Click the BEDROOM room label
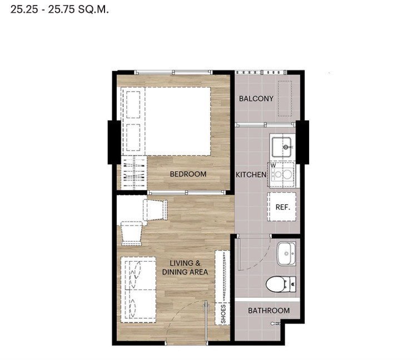point(188,174)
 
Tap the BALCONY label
point(256,99)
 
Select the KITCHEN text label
point(251,175)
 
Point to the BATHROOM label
point(268,311)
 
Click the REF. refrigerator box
point(282,207)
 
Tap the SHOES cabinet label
point(223,314)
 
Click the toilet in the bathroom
point(281,284)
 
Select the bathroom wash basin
point(286,253)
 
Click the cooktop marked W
point(282,175)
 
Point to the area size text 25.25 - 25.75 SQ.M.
point(59,9)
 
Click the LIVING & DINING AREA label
point(185,268)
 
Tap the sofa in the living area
point(138,289)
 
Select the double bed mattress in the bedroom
point(178,121)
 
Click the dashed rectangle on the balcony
point(285,98)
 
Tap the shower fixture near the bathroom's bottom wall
point(275,324)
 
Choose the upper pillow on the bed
point(133,105)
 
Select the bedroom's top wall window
point(173,72)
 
